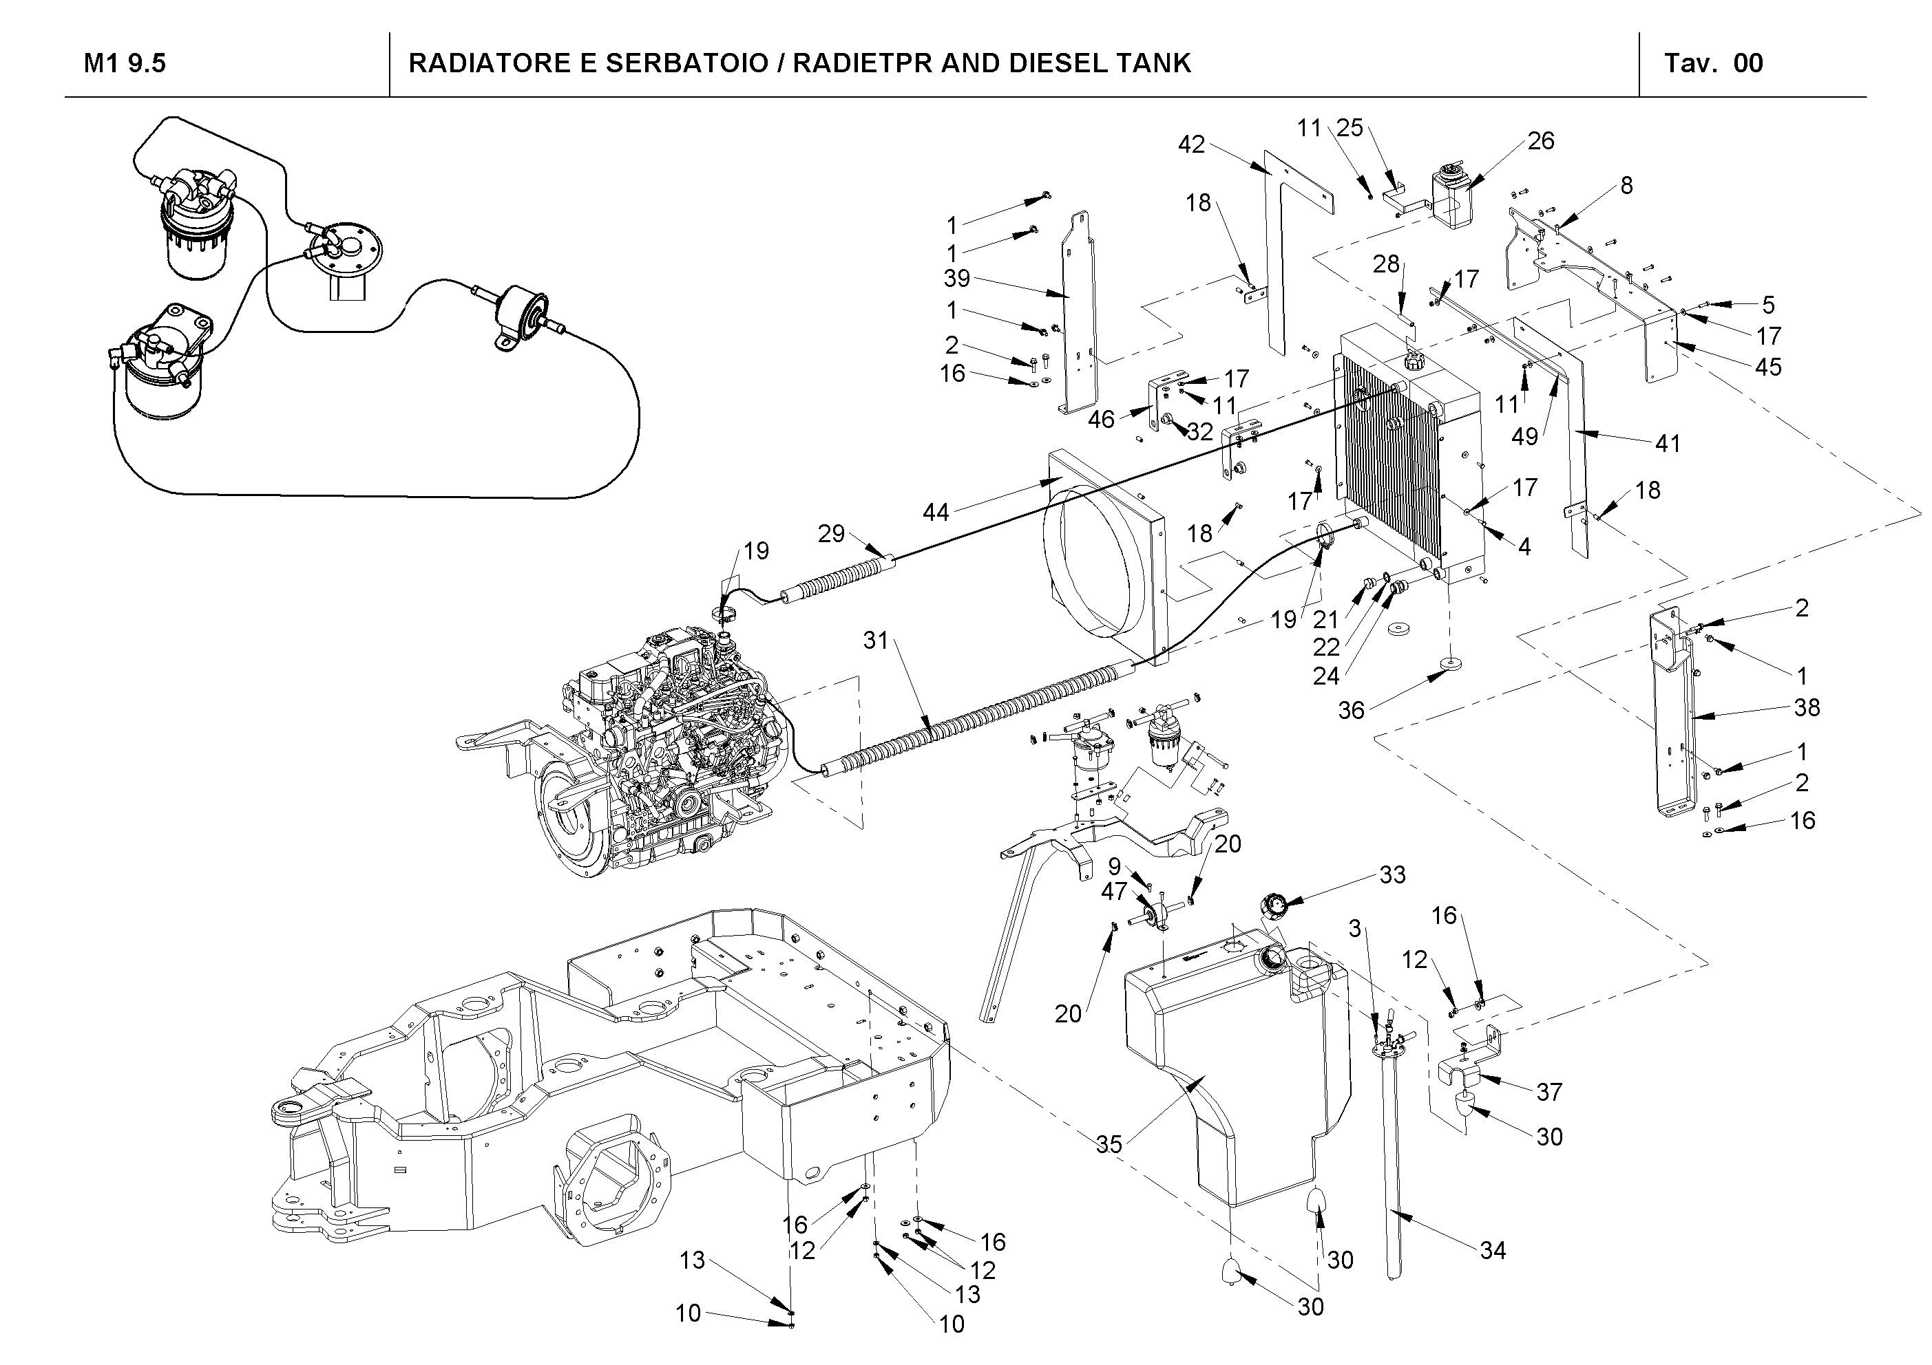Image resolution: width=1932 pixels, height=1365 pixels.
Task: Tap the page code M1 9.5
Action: pyautogui.click(x=125, y=63)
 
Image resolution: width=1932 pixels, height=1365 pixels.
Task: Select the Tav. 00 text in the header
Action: pyautogui.click(x=1713, y=63)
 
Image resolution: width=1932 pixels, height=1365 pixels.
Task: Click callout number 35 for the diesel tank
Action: pyautogui.click(x=1109, y=1144)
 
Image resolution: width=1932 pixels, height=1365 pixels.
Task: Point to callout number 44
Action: pyautogui.click(x=936, y=511)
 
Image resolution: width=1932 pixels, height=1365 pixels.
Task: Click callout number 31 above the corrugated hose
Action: pyautogui.click(x=876, y=641)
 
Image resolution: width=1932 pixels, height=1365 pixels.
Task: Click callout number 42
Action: pyautogui.click(x=1190, y=144)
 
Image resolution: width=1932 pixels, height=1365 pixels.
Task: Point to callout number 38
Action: pyautogui.click(x=1807, y=707)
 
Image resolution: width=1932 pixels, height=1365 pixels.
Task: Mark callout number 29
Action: pyautogui.click(x=830, y=533)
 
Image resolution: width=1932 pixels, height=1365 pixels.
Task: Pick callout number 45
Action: pyautogui.click(x=1768, y=367)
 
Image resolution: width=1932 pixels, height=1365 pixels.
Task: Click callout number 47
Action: pyautogui.click(x=1113, y=892)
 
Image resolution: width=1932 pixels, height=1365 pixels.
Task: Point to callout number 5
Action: pyautogui.click(x=1768, y=305)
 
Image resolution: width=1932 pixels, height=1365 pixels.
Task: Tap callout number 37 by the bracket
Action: pyautogui.click(x=1549, y=1092)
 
